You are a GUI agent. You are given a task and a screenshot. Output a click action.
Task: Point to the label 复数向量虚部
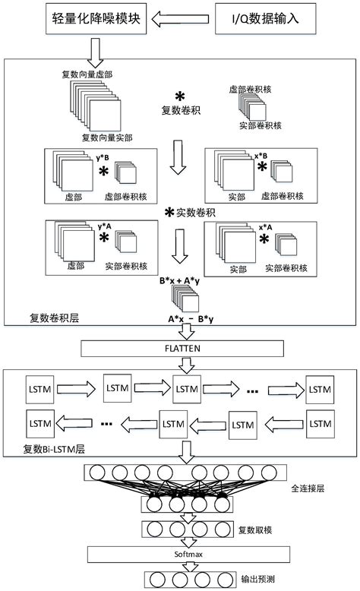87,74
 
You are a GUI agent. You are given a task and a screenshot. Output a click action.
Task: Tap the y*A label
104,226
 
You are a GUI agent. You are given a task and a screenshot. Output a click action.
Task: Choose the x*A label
264,226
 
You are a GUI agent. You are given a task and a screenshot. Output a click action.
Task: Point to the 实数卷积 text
190,213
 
